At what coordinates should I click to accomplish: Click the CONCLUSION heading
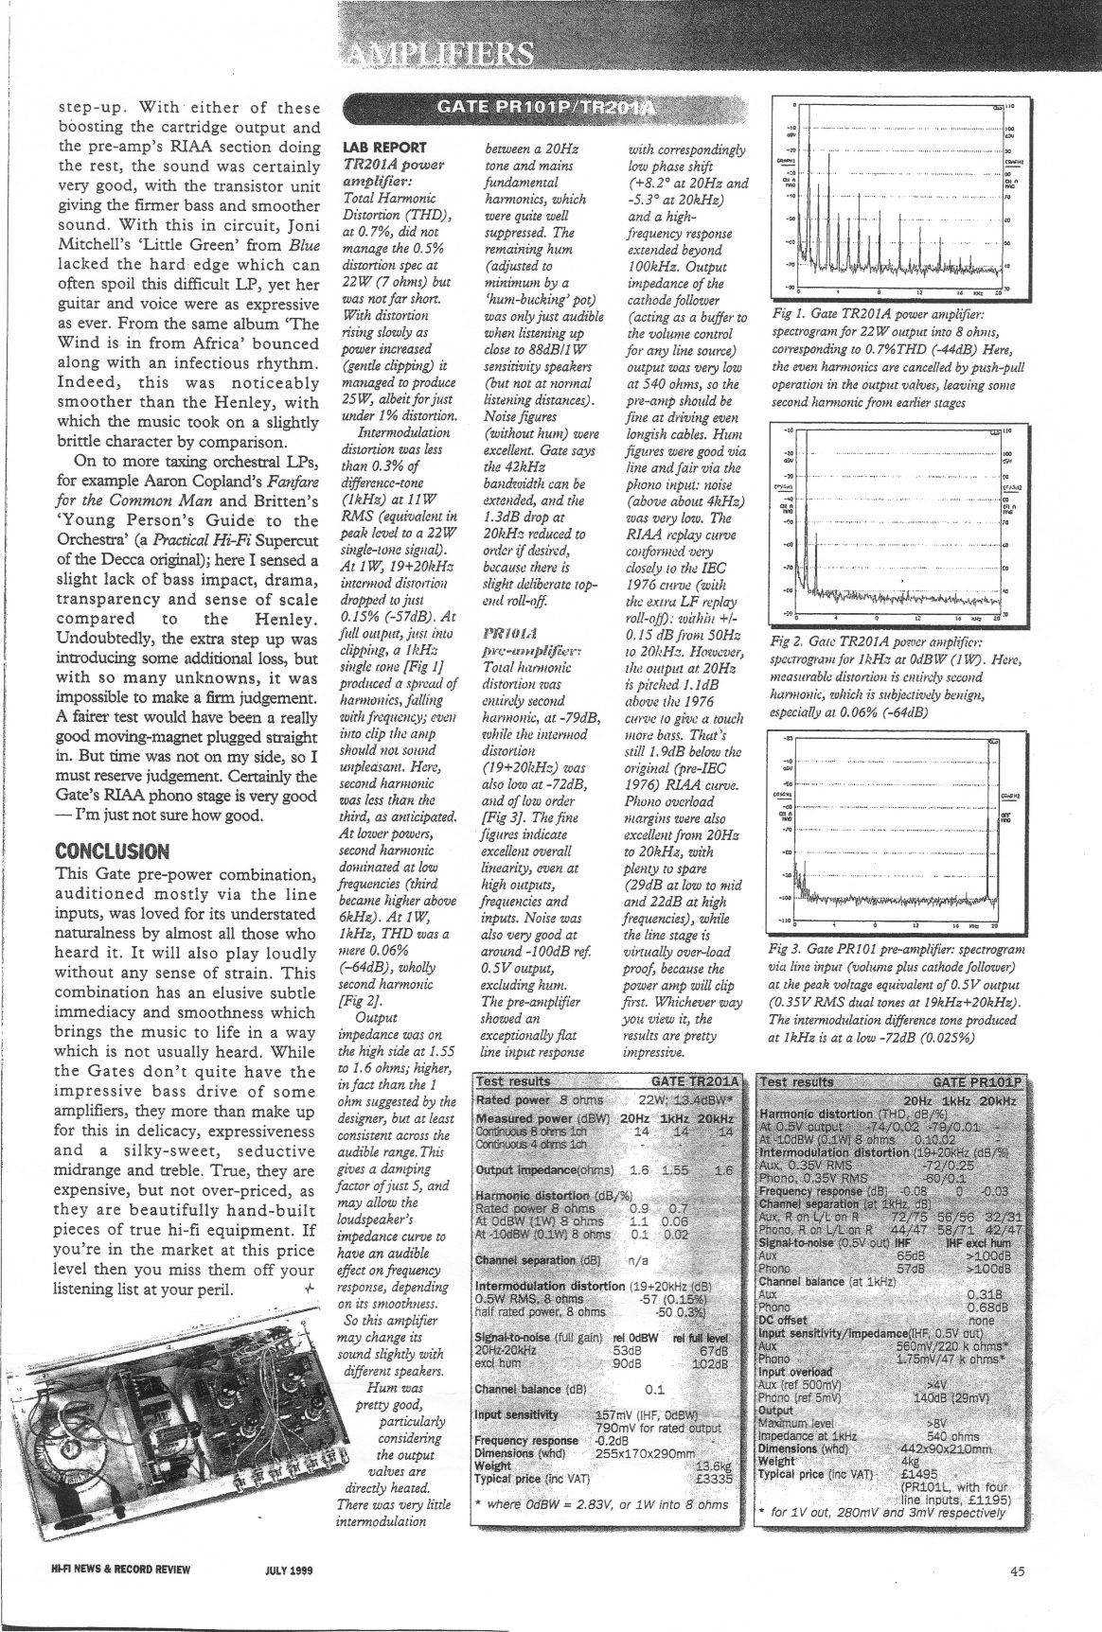click(113, 850)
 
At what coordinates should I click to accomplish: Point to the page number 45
click(1017, 1571)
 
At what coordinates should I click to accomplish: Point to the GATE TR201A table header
click(695, 1080)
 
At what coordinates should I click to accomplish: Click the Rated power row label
click(513, 1100)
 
